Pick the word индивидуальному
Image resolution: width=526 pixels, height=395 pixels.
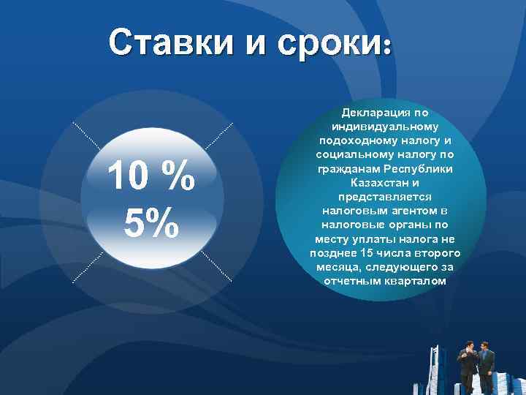[x=385, y=127]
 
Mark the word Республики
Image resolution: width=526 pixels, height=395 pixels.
[x=416, y=169]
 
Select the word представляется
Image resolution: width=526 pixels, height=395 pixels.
[x=385, y=197]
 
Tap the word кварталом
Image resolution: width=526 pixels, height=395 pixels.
[x=413, y=281]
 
